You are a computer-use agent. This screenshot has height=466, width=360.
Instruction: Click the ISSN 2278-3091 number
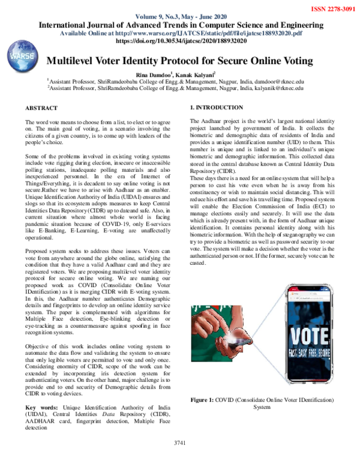[333, 10]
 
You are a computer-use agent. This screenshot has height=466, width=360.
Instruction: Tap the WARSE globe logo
[20, 58]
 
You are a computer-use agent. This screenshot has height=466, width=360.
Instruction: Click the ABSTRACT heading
[41, 107]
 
